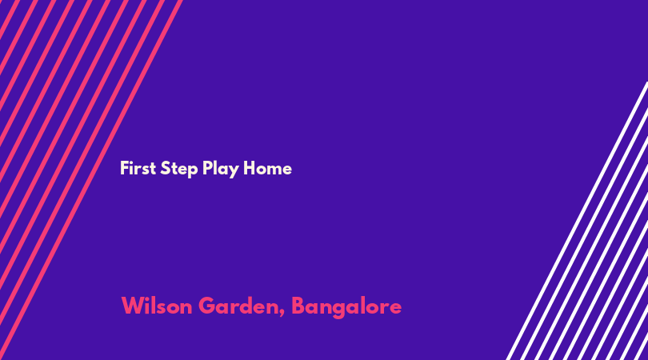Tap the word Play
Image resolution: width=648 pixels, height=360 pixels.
click(x=221, y=169)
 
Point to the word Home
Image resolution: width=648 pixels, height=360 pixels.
click(x=267, y=168)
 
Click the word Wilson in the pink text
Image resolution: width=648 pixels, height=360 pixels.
click(x=157, y=306)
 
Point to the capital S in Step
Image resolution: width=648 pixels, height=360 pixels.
click(x=166, y=168)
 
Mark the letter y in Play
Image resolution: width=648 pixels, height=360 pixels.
click(x=234, y=171)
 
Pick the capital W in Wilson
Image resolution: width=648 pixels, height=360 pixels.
click(x=133, y=306)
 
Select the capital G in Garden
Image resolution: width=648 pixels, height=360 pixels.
click(x=208, y=306)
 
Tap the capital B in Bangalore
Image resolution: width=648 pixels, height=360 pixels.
click(x=299, y=306)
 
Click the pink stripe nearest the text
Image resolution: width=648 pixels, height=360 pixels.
click(x=91, y=180)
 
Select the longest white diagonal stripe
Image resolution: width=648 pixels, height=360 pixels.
click(x=577, y=221)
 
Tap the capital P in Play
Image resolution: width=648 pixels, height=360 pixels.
click(x=207, y=168)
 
